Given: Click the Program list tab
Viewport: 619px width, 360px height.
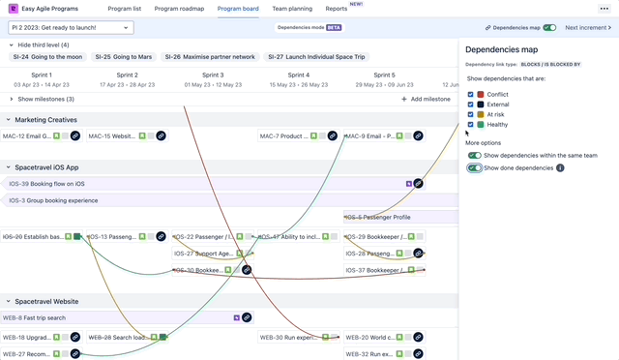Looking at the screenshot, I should point(124,8).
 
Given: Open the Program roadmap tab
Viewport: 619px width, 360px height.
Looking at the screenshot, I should point(179,8).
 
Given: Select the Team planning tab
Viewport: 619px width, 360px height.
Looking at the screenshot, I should point(291,8).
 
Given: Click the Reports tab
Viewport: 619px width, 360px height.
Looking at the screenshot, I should point(337,8).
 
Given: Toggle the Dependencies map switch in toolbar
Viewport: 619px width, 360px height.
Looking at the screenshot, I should point(549,28).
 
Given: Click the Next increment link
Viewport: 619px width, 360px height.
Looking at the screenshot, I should point(589,28).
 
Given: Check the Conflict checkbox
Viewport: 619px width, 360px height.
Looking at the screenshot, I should point(470,94).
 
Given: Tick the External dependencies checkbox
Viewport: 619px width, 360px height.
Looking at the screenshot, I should point(470,105).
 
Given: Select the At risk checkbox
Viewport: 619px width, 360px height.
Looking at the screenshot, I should point(470,114).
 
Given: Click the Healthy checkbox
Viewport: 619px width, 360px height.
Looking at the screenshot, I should point(470,124).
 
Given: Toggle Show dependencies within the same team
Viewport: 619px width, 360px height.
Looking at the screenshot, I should point(474,155).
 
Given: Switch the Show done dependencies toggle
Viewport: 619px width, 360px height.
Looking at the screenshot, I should point(474,167).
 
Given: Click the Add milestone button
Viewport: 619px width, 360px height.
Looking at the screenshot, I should point(426,99).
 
